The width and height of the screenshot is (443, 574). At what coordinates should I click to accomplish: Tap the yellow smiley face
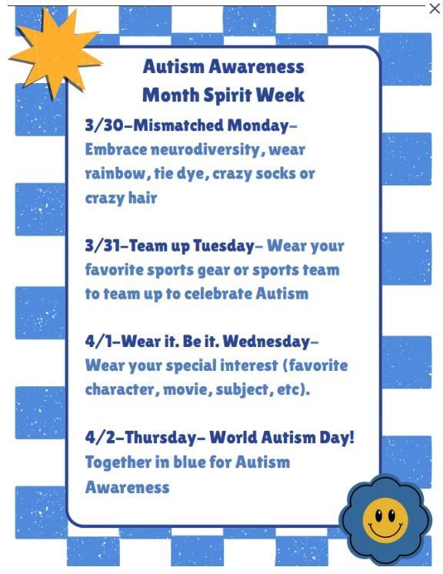click(385, 520)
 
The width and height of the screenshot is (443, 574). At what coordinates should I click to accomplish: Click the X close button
click(435, 8)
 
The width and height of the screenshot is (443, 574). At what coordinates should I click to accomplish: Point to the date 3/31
click(103, 246)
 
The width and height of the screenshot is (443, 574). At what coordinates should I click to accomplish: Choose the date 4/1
click(98, 341)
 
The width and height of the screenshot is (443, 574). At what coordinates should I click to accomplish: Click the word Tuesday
click(223, 246)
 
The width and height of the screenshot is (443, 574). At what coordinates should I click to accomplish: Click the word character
click(120, 389)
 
